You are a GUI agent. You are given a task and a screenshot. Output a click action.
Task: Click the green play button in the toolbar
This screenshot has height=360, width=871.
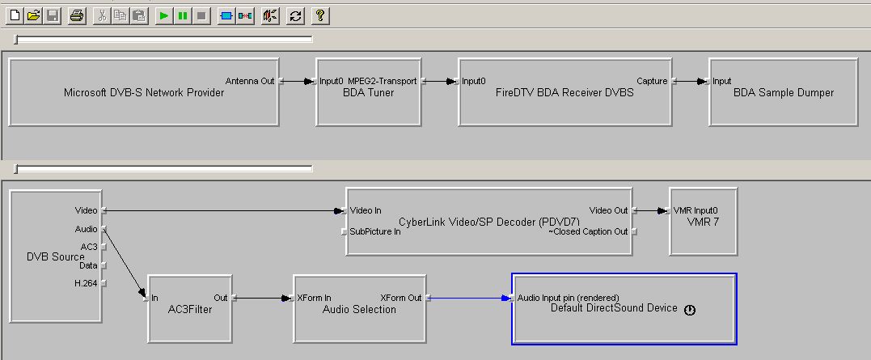[x=163, y=15]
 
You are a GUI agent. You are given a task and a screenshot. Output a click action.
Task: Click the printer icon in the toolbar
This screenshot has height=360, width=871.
[x=76, y=15]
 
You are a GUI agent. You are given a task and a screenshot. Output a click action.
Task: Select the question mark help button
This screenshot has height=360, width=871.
[x=319, y=15]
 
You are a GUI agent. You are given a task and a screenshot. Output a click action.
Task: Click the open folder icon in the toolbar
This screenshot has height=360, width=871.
[x=34, y=15]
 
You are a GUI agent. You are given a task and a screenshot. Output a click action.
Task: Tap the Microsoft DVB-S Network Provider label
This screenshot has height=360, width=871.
[x=143, y=93]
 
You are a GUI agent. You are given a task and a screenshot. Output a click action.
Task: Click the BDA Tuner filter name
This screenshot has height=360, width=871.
[x=366, y=93]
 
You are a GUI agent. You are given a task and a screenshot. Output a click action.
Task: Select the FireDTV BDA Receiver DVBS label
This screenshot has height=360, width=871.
[x=564, y=93]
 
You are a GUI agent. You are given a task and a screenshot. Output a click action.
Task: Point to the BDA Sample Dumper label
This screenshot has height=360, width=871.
[x=783, y=93]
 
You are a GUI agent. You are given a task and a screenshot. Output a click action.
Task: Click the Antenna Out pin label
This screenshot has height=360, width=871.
[x=250, y=81]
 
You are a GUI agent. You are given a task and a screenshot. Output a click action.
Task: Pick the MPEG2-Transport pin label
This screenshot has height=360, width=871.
[x=383, y=81]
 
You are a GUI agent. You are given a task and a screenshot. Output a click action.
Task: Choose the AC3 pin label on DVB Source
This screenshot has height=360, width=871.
[x=89, y=247]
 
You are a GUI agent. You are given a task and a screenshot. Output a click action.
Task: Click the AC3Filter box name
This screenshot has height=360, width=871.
[x=184, y=309]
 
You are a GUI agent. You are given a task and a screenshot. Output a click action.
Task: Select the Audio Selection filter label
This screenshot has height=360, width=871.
[x=359, y=309]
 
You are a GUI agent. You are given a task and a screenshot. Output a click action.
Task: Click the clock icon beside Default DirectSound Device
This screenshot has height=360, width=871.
[x=689, y=310]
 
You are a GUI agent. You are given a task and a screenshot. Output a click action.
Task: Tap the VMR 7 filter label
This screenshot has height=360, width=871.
[x=703, y=221]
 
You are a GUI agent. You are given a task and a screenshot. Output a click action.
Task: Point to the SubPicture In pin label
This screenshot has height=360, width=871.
[x=375, y=231]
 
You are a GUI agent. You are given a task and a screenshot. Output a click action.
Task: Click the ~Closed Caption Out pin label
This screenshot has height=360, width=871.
[x=588, y=231]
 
